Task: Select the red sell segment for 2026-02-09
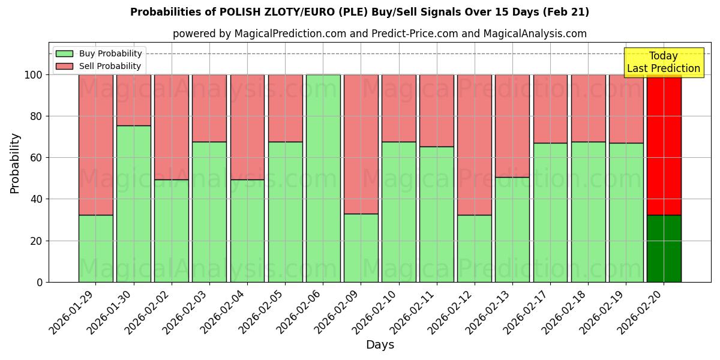click(361, 144)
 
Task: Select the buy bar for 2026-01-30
click(133, 204)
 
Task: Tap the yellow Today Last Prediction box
click(663, 62)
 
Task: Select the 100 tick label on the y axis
click(34, 75)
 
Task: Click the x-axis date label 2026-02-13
click(490, 312)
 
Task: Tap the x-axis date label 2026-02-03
click(187, 312)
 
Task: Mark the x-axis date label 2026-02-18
click(565, 312)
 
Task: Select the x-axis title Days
click(380, 345)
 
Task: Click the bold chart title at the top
click(359, 12)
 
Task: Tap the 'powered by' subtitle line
click(380, 34)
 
